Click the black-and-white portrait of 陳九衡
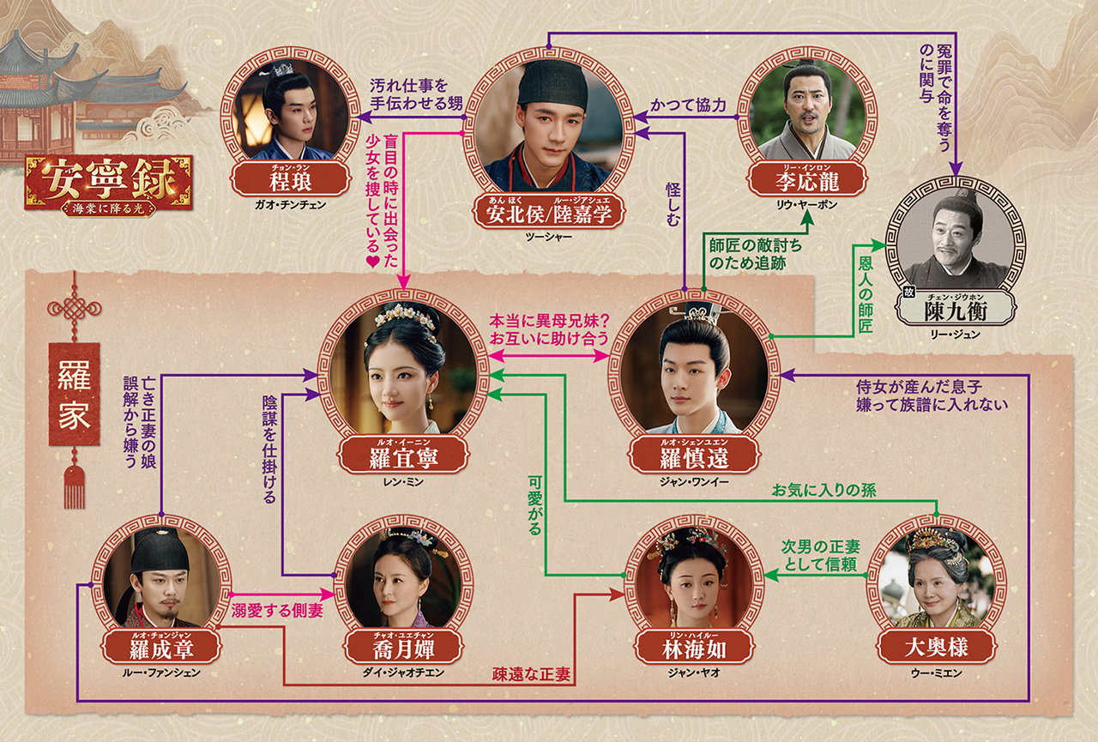tap(953, 241)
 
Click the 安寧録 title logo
tap(108, 184)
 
